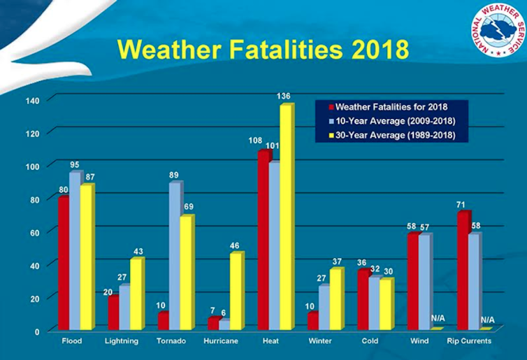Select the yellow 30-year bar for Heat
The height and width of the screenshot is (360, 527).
(285, 217)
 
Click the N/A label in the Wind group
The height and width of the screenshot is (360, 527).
(438, 319)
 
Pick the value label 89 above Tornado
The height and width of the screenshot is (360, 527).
(176, 175)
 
